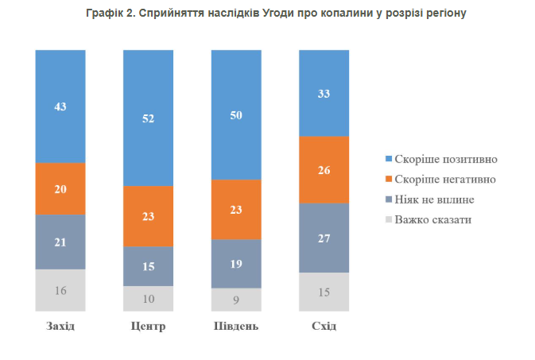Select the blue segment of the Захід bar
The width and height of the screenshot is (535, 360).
coord(60,106)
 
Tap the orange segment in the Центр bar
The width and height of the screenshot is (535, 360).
coord(148,215)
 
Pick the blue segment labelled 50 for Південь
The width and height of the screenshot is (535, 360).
coord(236,114)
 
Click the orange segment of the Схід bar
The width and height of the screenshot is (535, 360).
coord(324,169)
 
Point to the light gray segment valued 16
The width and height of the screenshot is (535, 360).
coord(60,289)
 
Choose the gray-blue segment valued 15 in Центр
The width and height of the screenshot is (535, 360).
coord(148,265)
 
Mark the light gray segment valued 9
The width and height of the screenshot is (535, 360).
coord(236,299)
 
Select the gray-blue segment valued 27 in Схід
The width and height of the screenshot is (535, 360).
coord(324,238)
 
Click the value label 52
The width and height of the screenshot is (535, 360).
coord(148,118)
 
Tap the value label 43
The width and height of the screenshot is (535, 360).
coord(60,106)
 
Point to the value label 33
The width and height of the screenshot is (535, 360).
coord(324,93)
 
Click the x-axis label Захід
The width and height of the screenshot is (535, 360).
coord(60,327)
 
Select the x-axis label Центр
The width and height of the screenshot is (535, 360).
coord(148,327)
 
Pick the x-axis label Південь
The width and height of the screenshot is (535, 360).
coord(236,327)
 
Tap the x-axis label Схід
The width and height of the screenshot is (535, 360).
coord(324,327)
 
